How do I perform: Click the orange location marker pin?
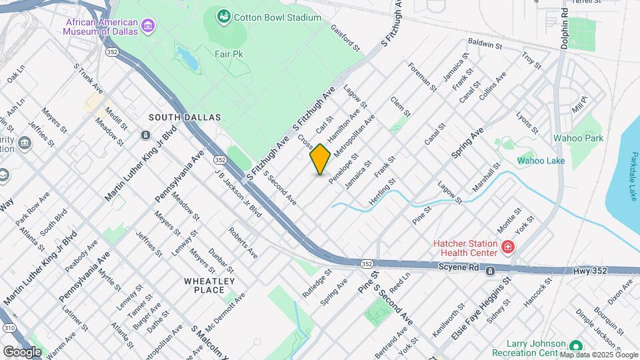point(320,159)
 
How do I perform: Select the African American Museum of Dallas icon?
point(148,26)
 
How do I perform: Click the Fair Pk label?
point(227,53)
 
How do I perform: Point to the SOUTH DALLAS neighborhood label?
point(185,117)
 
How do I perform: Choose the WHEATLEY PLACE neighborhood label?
point(209,285)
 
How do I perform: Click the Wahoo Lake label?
point(541,161)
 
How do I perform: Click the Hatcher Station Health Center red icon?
point(508,248)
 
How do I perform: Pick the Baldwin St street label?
point(484,43)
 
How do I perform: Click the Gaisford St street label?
point(351,41)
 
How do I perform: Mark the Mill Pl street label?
point(579,104)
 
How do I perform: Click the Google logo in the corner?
point(22,351)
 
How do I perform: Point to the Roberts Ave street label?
point(243,243)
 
